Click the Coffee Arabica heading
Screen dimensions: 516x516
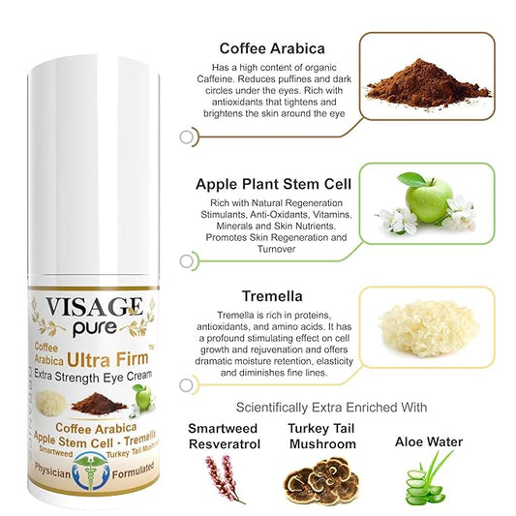[x=273, y=48]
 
